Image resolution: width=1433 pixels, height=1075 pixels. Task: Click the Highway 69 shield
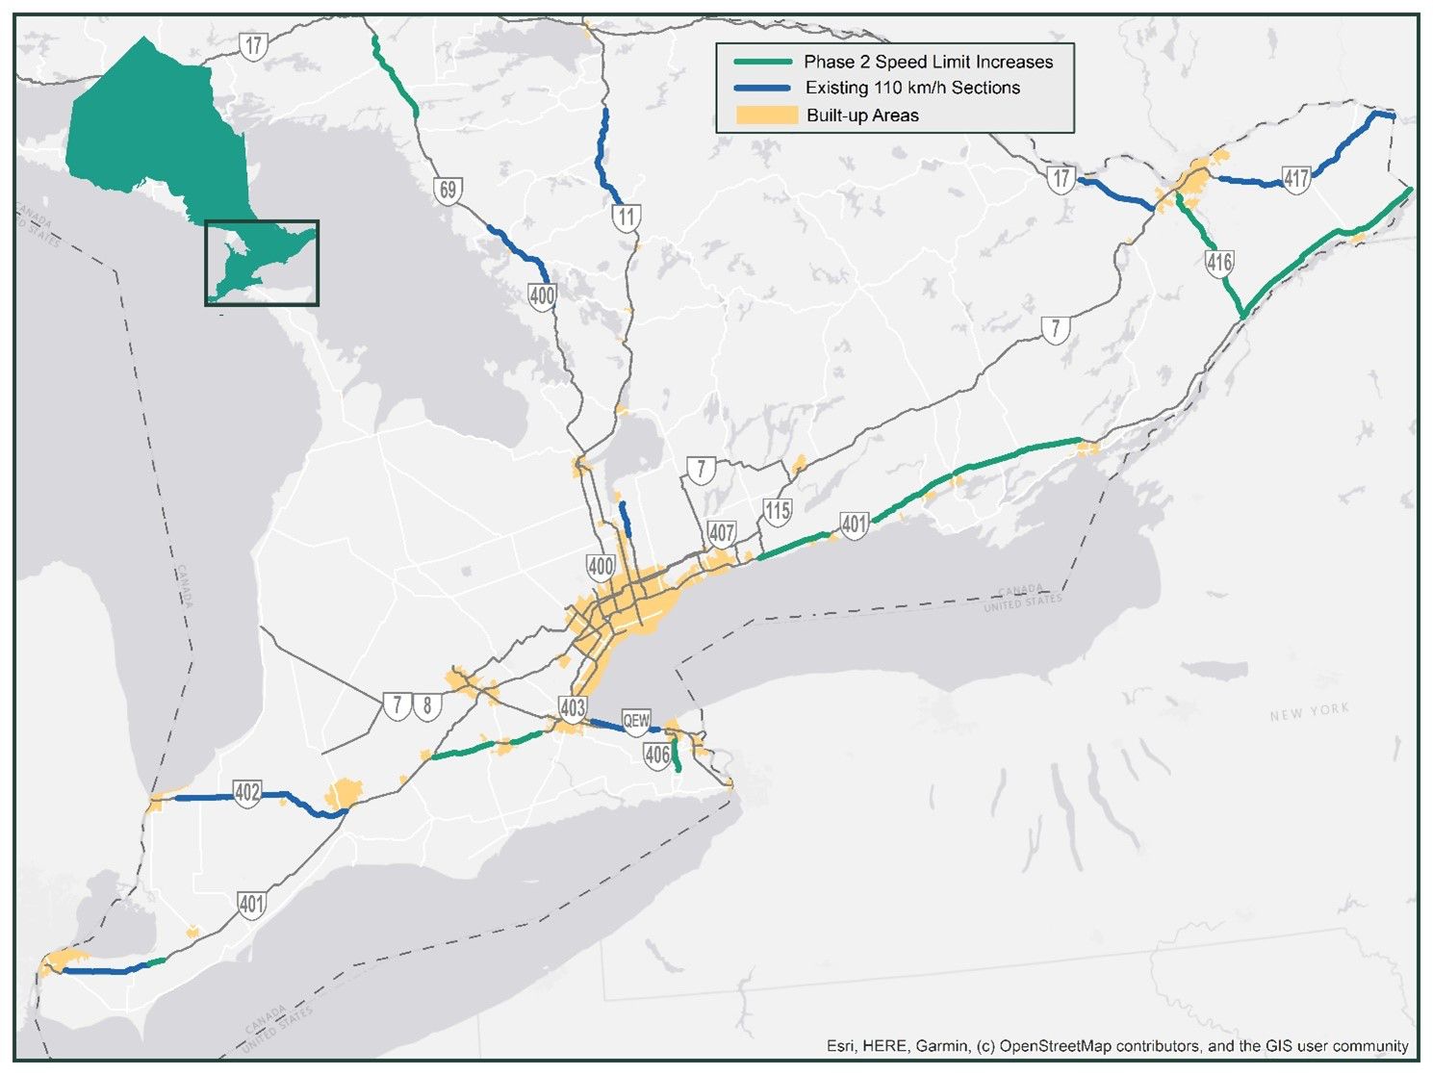(448, 190)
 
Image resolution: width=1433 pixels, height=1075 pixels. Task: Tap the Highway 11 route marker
(627, 217)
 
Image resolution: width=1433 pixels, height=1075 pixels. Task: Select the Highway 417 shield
(1296, 179)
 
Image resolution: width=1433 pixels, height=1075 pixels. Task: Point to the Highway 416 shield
(1219, 262)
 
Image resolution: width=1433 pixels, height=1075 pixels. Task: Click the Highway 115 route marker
(777, 511)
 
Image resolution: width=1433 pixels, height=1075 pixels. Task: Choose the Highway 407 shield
(722, 533)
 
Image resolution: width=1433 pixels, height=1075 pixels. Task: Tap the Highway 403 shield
(573, 708)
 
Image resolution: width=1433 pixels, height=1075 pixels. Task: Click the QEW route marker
(636, 721)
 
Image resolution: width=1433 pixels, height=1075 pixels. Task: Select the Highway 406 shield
(657, 755)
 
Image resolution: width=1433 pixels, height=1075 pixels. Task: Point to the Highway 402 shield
(247, 793)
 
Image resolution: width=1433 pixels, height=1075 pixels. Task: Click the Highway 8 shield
(427, 705)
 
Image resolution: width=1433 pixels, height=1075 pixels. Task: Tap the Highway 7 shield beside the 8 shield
(397, 705)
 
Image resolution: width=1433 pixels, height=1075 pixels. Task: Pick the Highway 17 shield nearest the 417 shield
(1062, 178)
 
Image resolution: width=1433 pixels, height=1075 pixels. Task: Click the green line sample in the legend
(762, 62)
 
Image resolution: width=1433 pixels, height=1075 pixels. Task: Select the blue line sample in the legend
(762, 88)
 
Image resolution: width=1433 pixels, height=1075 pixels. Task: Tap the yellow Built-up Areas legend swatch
(766, 115)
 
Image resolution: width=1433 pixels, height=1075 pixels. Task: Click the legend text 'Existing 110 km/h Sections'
(912, 88)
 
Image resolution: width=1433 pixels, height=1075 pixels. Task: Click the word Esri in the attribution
(840, 1046)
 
